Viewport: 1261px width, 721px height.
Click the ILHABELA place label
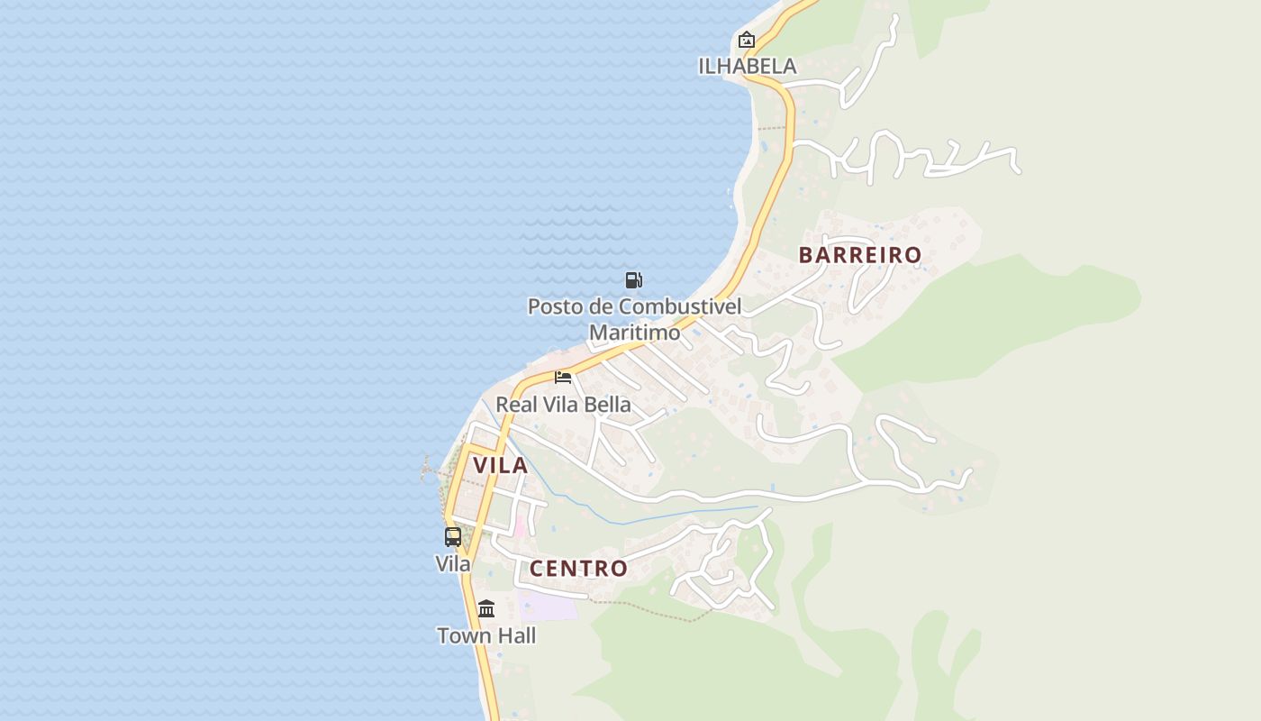(748, 66)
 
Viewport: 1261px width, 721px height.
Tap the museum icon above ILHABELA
(747, 40)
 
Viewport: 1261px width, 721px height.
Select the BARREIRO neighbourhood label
(860, 255)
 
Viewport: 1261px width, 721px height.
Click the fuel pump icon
(634, 280)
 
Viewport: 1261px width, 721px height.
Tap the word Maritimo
(634, 333)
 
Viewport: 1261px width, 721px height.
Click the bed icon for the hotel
(563, 377)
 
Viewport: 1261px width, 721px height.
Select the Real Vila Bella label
(563, 405)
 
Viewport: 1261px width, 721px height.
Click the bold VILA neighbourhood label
(500, 466)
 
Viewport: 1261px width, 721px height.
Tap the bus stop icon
(453, 537)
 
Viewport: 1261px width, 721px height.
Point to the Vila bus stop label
(453, 564)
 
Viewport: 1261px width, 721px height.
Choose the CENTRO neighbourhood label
(578, 569)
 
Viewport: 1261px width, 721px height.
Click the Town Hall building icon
(486, 608)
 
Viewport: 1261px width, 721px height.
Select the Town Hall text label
(486, 636)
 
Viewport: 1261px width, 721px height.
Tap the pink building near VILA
(520, 526)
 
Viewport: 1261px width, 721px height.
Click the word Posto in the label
(554, 306)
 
